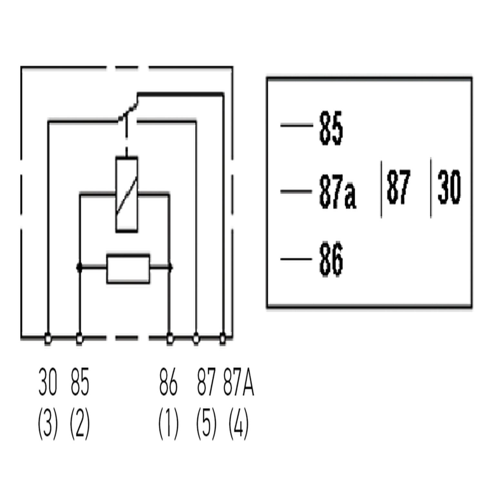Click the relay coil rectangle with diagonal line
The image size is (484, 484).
(126, 194)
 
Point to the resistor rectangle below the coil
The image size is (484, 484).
(128, 269)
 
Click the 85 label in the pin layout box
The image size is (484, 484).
(331, 128)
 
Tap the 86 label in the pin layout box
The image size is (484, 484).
(331, 260)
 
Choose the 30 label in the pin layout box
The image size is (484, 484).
(449, 187)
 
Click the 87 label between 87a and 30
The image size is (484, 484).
(398, 187)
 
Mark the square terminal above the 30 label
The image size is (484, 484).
(48, 339)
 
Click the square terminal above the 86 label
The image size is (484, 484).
(169, 339)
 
